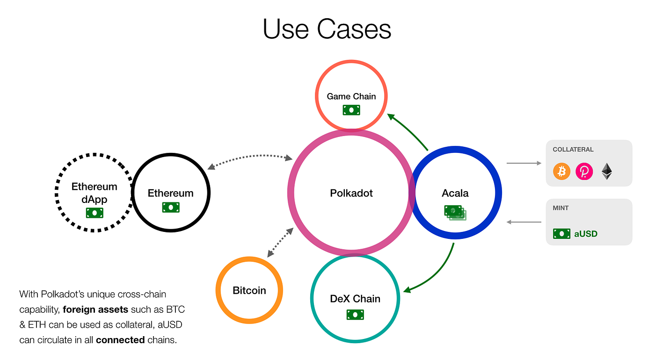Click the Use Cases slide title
point(327,29)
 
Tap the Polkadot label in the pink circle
point(351,193)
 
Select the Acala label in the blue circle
point(455,193)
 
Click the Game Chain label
point(351,96)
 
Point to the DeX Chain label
point(355,299)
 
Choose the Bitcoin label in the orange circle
point(249,290)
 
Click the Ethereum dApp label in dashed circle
point(94,193)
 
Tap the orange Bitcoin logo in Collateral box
point(562,172)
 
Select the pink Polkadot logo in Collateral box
point(584,172)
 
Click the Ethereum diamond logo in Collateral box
point(607,172)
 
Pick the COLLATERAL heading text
point(573,150)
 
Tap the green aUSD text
point(586,234)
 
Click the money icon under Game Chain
point(351,110)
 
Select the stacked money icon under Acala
point(455,212)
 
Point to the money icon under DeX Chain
point(355,315)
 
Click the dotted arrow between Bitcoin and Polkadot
point(280,243)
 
